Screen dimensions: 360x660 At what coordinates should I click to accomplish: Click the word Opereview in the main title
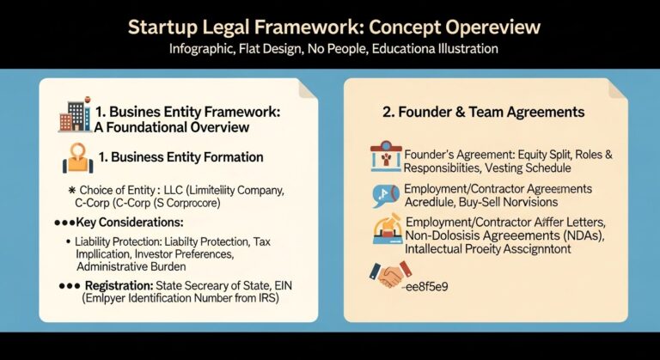pos(480,27)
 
